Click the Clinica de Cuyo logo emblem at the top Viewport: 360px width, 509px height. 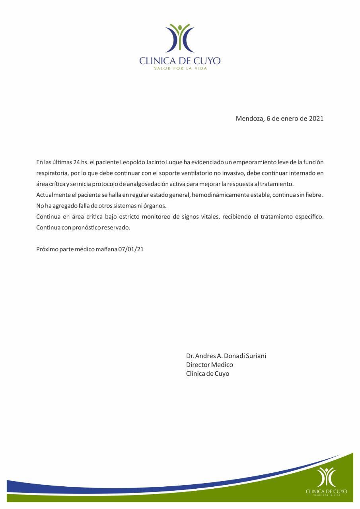point(180,38)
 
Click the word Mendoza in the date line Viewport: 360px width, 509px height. point(249,119)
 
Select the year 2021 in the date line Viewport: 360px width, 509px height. point(316,119)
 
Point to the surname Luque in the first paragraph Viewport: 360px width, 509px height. point(173,162)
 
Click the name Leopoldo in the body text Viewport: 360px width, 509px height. point(133,162)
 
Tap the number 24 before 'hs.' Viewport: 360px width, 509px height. point(77,162)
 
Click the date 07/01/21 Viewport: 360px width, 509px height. point(131,249)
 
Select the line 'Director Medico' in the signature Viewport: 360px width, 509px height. point(210,365)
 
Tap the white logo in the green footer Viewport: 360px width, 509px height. point(326,477)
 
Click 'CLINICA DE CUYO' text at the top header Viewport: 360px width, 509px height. point(180,61)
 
